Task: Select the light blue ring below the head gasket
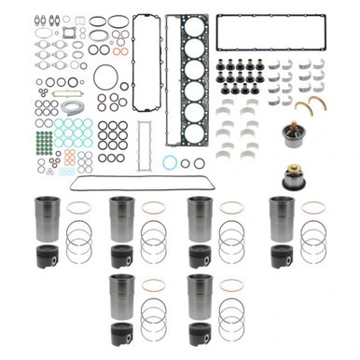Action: pyautogui.click(x=171, y=163)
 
